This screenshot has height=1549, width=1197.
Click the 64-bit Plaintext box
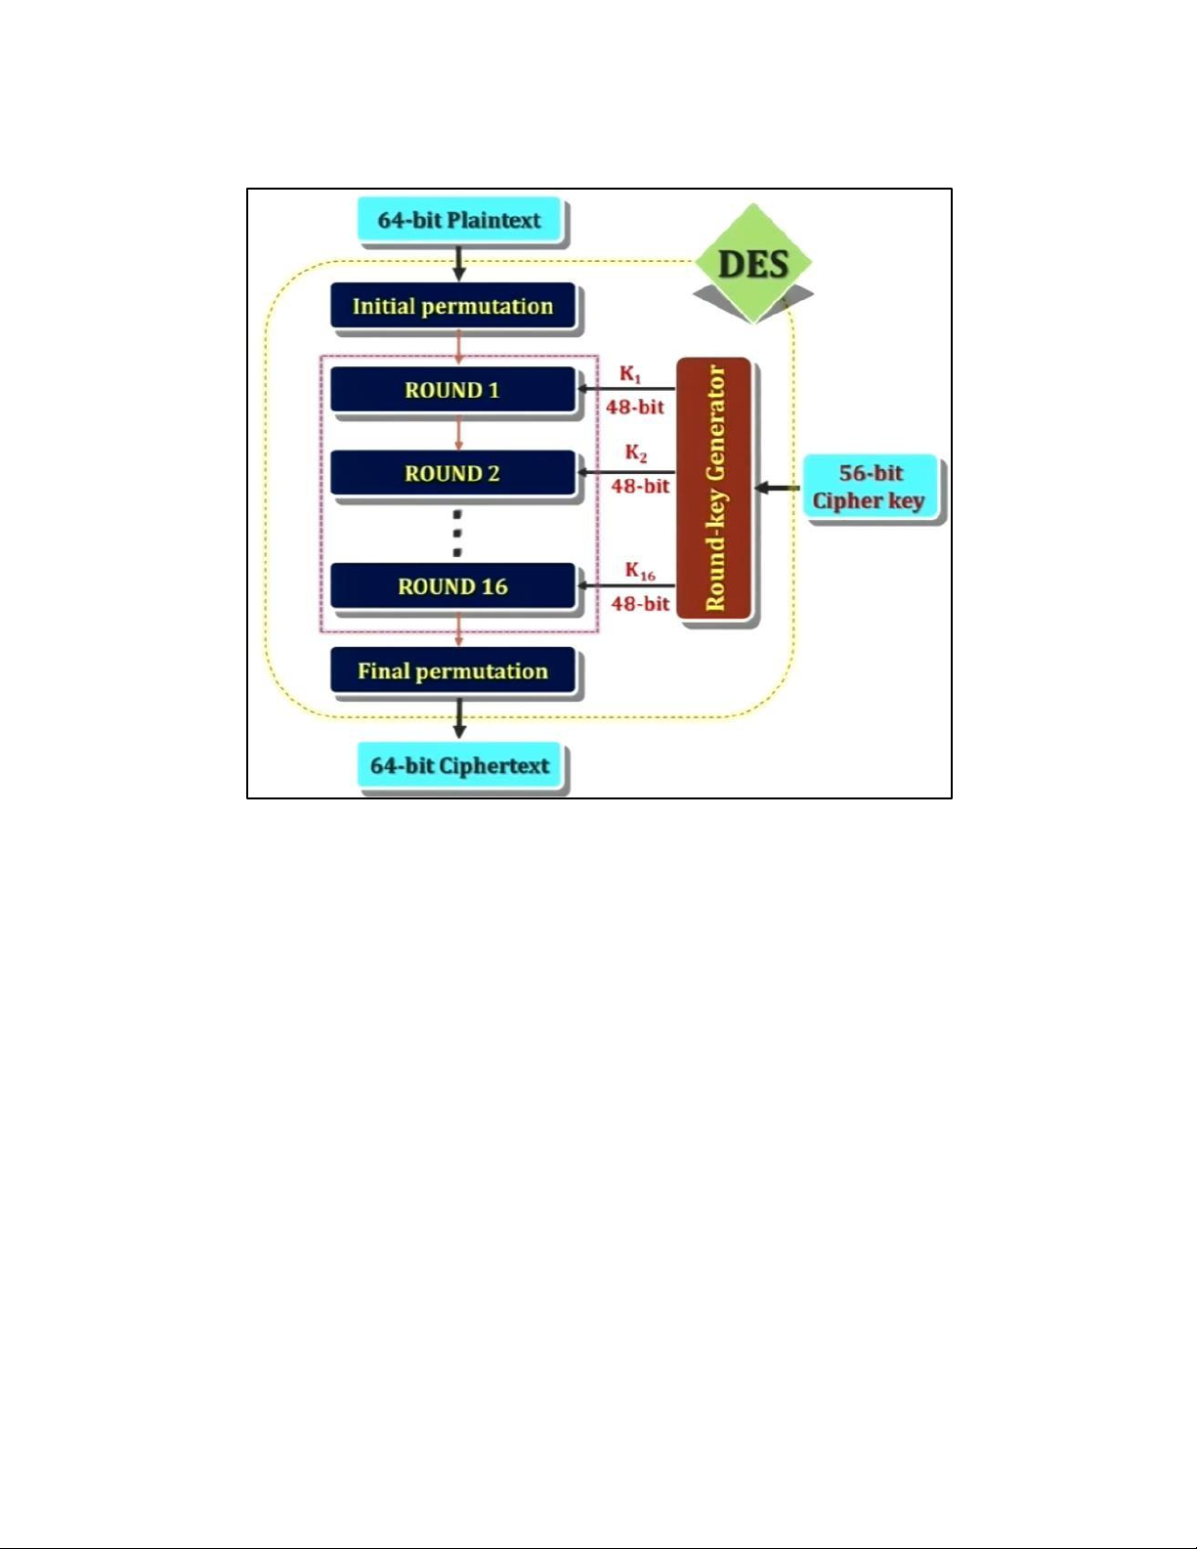click(x=459, y=221)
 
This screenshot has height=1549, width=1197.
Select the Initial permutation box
click(x=452, y=307)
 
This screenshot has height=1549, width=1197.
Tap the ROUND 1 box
click(x=452, y=390)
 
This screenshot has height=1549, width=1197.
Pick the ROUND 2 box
click(x=452, y=474)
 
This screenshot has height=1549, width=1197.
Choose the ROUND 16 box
click(x=452, y=586)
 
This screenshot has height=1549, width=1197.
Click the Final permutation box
click(x=452, y=671)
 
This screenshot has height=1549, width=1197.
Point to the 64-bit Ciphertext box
click(x=459, y=766)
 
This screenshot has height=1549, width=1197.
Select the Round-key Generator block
click(x=715, y=489)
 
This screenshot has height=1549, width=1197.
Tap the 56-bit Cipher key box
click(x=870, y=488)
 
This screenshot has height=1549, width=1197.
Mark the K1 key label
click(x=630, y=375)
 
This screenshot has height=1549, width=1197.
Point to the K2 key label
click(x=636, y=454)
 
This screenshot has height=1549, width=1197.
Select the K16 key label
click(x=640, y=572)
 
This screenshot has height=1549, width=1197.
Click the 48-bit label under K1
click(x=635, y=408)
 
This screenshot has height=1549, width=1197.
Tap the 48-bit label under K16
click(x=641, y=604)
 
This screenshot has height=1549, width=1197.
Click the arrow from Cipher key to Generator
click(x=778, y=488)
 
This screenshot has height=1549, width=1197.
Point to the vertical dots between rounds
click(x=457, y=534)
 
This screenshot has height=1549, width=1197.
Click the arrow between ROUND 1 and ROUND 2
click(x=459, y=432)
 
